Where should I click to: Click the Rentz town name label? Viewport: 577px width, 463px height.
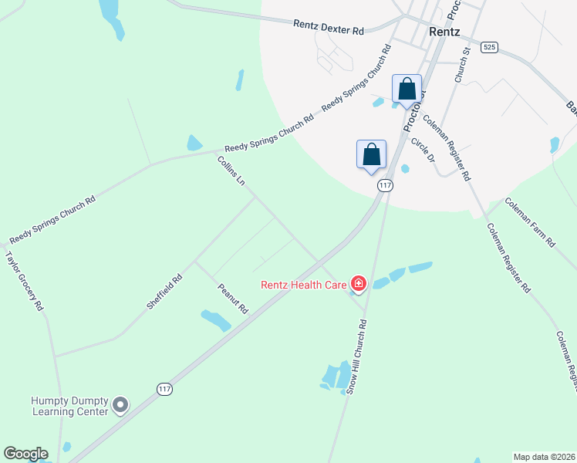tap(444, 32)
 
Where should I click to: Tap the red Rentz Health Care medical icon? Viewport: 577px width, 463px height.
tap(358, 285)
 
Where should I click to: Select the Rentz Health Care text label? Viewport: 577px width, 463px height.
tap(303, 285)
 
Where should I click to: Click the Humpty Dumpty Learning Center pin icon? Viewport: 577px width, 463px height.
tap(120, 404)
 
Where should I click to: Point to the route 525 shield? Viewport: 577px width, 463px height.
tap(488, 47)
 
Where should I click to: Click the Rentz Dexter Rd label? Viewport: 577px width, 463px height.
tap(328, 26)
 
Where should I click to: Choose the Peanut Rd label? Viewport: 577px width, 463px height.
tap(232, 298)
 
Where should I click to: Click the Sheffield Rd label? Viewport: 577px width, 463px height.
tap(164, 292)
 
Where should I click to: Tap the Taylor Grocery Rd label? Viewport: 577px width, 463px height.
tap(24, 281)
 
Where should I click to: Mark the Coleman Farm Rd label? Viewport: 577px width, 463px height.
tap(529, 221)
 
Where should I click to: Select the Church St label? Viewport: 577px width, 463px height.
tap(462, 66)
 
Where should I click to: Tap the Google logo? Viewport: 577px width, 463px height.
tap(25, 454)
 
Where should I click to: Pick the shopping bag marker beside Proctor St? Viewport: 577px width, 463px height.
tap(407, 89)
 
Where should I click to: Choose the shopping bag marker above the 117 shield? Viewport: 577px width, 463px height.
tap(371, 154)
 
